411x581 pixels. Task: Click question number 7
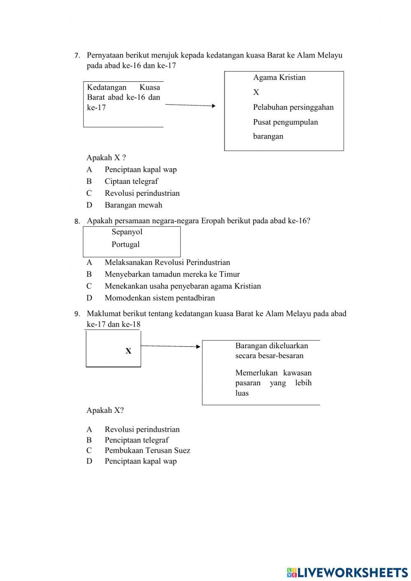tap(76, 56)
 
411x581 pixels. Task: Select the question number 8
tap(76, 221)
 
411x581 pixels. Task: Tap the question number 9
tap(76, 314)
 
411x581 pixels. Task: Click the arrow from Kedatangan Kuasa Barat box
tap(190, 105)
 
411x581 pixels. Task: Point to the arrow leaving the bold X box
tap(171, 346)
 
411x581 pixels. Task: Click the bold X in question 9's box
tap(128, 351)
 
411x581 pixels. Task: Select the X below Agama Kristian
tap(256, 93)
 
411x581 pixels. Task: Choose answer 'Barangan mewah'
tap(133, 205)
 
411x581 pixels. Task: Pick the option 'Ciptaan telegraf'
tap(131, 181)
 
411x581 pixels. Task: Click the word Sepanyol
tap(127, 232)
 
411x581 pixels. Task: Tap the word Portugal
tap(125, 244)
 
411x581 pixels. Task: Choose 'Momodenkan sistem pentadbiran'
tap(159, 298)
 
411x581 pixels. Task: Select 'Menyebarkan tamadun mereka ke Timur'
tap(172, 274)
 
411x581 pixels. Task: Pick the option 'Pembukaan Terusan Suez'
tap(147, 450)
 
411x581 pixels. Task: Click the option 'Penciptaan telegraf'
tap(136, 440)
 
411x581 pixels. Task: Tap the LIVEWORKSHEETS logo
tap(347, 572)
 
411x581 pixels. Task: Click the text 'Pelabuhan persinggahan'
tap(293, 107)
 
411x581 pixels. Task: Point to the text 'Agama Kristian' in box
tap(279, 77)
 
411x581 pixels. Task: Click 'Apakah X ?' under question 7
tap(106, 157)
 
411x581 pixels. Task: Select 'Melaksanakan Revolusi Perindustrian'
tap(167, 262)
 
